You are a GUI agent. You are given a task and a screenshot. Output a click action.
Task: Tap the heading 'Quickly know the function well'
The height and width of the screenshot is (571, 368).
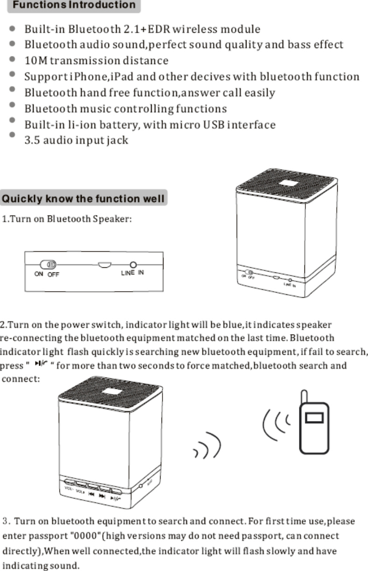(84, 200)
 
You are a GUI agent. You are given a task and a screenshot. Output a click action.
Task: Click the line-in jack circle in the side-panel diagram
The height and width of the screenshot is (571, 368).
(133, 265)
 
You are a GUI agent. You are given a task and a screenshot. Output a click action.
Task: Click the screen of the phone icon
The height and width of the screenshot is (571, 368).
(314, 416)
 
